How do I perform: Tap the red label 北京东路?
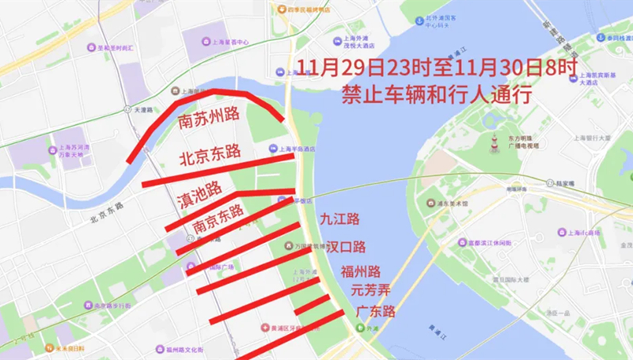210,153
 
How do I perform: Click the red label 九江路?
340,218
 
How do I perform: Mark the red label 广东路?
375,310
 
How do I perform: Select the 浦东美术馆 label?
454,203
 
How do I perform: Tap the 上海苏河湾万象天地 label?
73,151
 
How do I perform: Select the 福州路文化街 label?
185,349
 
